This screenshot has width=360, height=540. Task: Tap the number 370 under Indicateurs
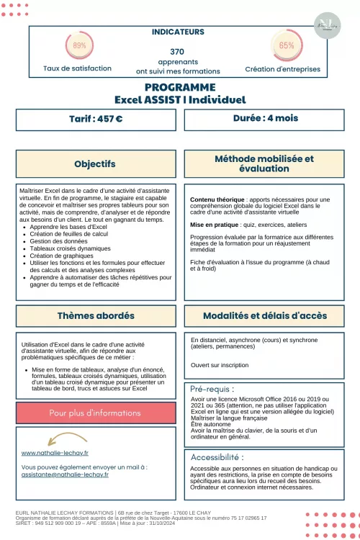[177, 52]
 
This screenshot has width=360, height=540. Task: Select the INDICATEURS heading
[178, 32]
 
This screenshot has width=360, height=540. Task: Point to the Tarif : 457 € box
[95, 119]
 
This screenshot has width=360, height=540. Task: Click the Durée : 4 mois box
[265, 118]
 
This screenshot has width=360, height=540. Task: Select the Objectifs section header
[95, 164]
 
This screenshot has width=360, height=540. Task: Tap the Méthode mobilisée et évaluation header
[264, 163]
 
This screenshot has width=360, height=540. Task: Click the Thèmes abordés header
[95, 316]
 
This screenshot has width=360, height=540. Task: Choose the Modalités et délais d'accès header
[264, 315]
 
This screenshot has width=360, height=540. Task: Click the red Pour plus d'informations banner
[95, 413]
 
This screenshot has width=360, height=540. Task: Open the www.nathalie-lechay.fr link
[55, 453]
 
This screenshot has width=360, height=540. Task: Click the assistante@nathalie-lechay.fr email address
[65, 474]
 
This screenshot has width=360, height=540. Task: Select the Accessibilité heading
[217, 456]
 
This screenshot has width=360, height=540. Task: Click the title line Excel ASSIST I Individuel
[180, 99]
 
